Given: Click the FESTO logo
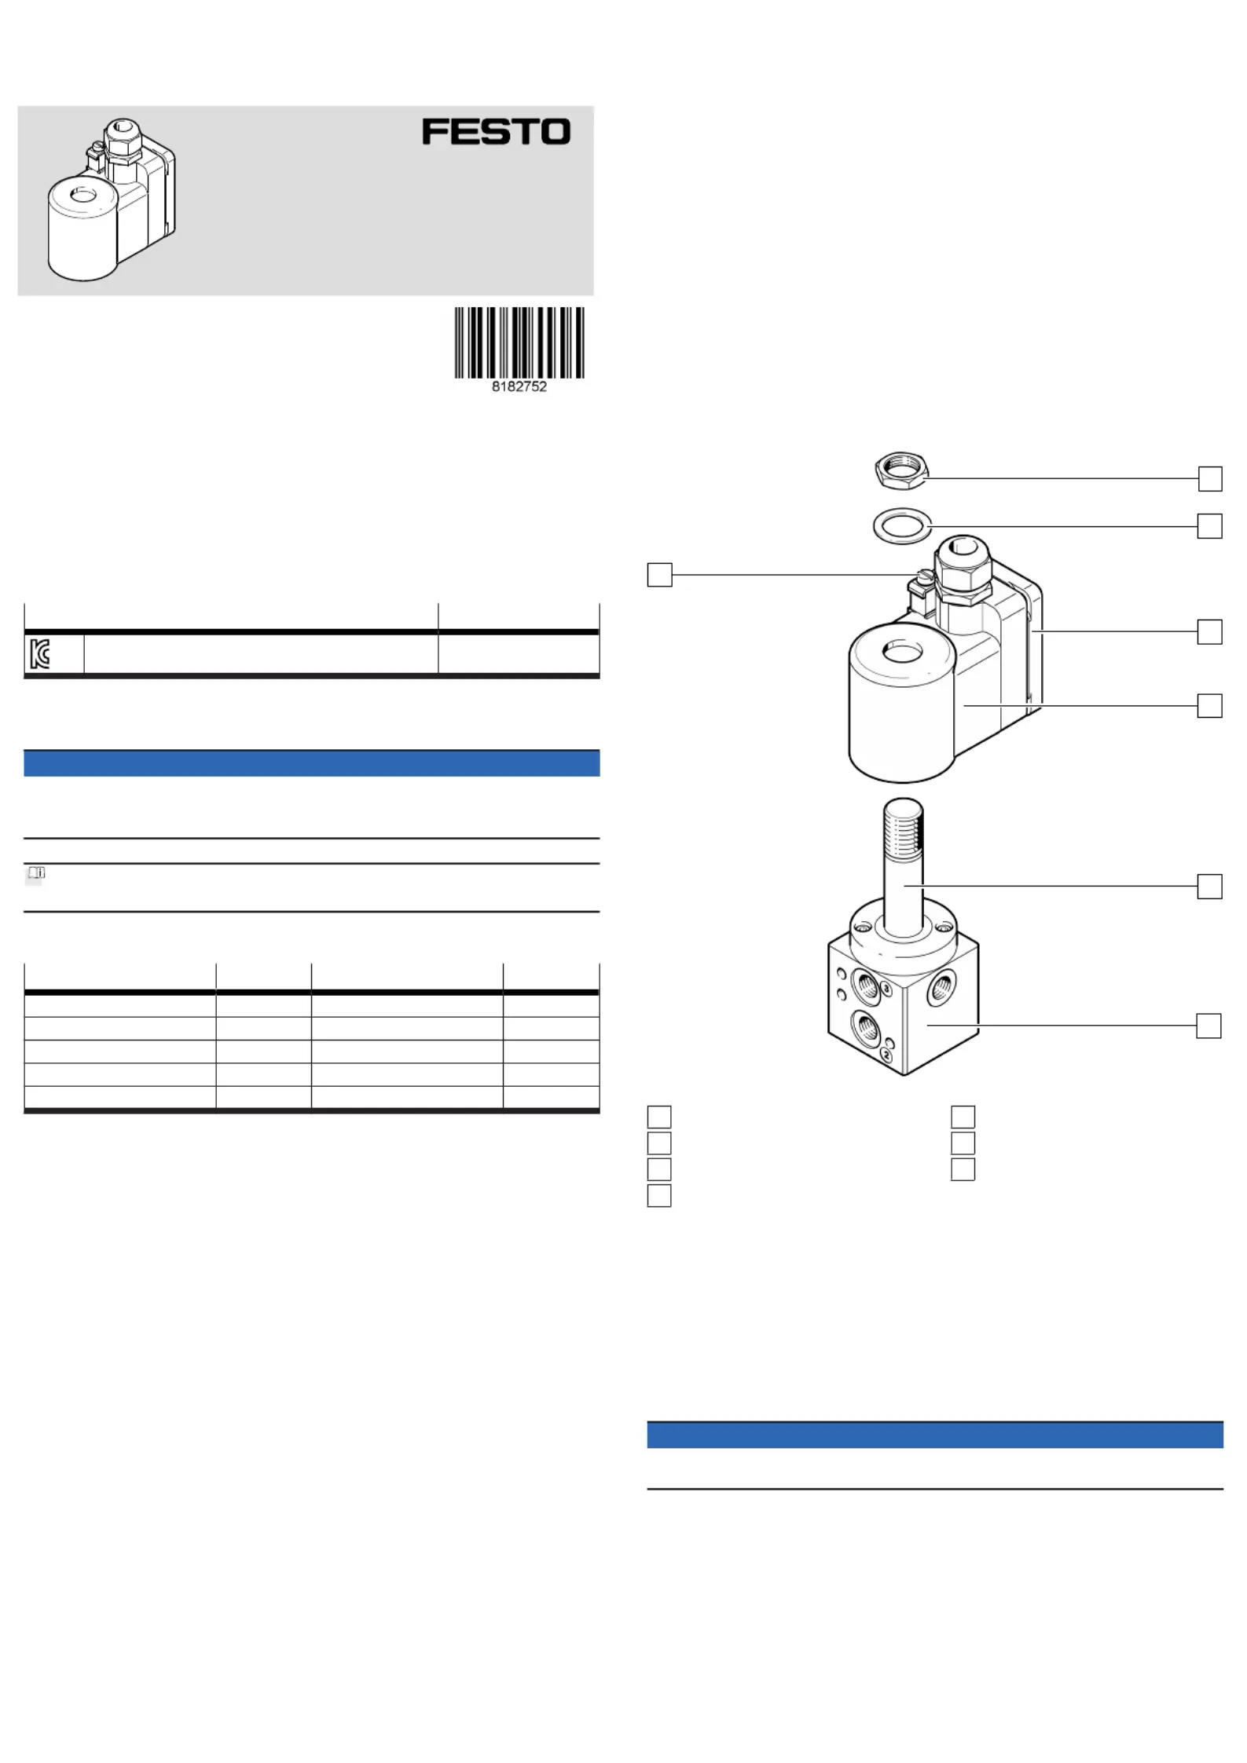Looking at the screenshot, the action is pos(496,131).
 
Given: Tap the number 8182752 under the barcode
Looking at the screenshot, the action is pos(519,386).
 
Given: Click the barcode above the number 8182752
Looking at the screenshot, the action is pos(519,342).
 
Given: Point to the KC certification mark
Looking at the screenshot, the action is pos(39,653).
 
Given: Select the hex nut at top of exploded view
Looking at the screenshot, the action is pos(901,470).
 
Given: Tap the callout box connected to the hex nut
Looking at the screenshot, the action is pos(1210,478).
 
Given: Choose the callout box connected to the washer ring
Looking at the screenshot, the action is pos(1210,526).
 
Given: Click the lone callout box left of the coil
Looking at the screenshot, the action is pos(659,575).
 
